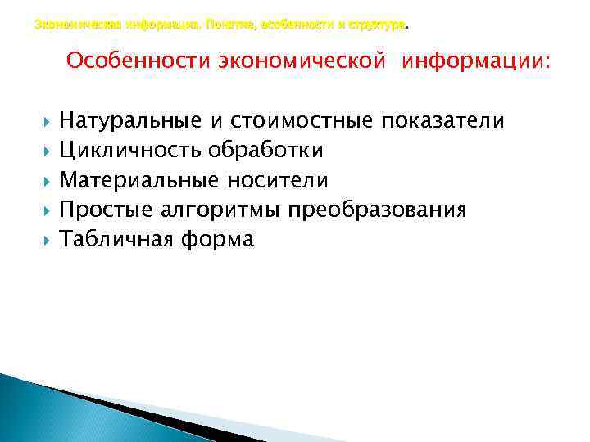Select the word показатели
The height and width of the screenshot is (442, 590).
(444, 122)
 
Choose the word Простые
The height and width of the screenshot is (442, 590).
(106, 210)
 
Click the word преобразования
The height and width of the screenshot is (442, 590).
(377, 210)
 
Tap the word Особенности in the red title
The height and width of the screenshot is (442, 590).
(138, 61)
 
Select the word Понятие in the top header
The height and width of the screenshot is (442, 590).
(233, 26)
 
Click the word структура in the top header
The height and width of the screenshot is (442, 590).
(376, 26)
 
